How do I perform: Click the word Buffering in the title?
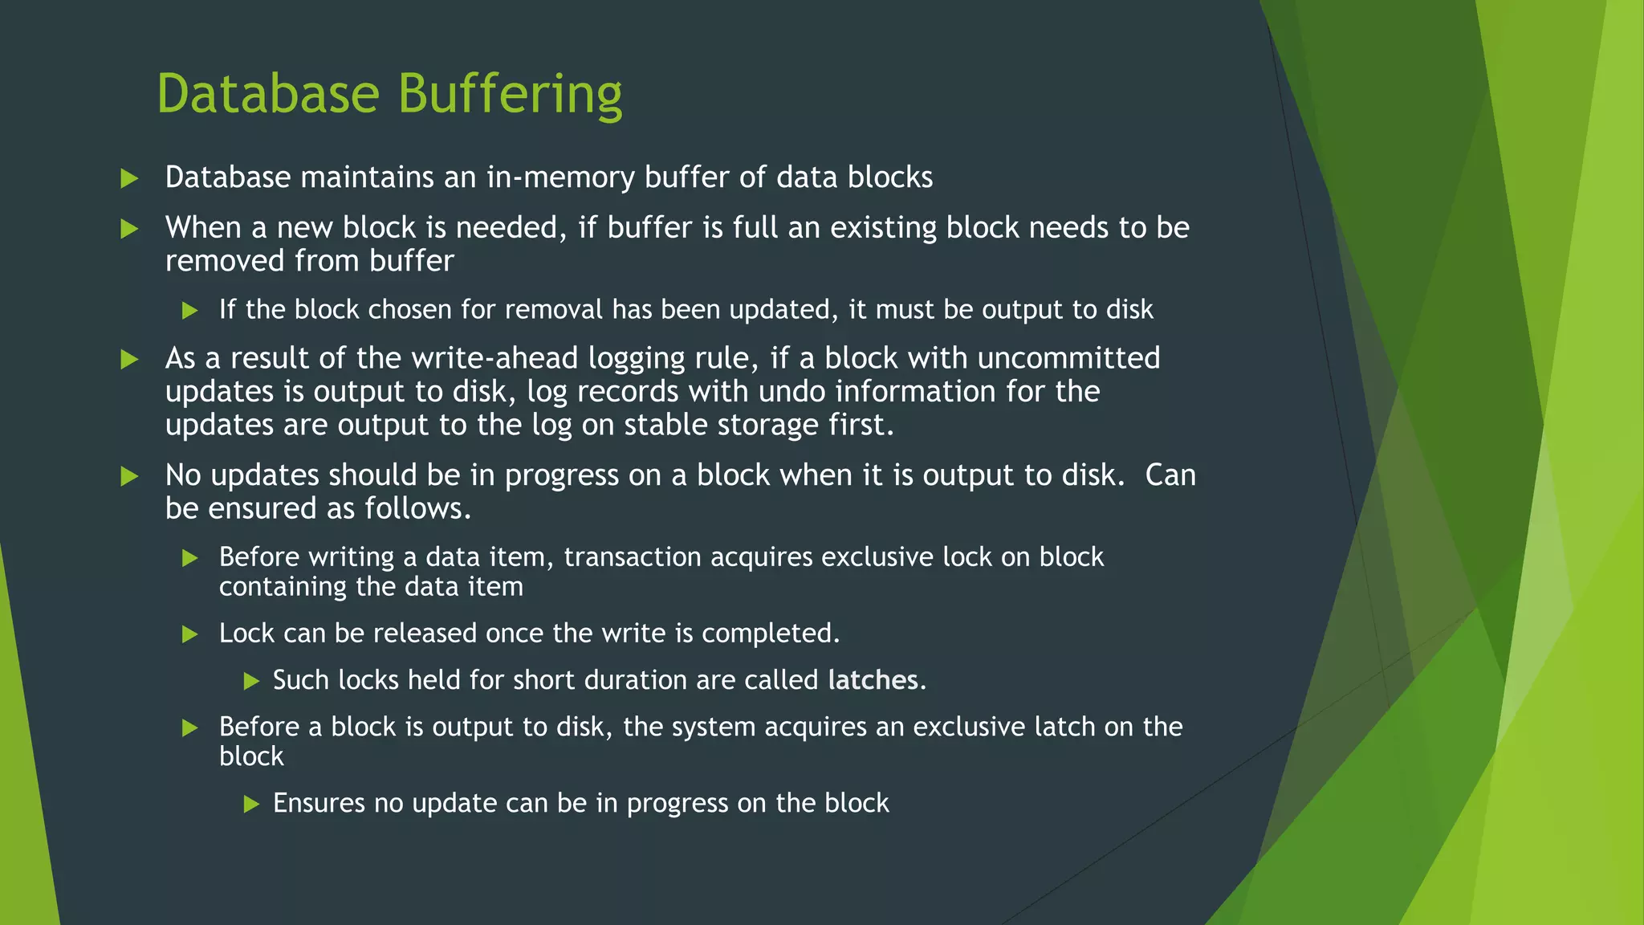point(510,95)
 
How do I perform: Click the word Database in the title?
point(267,93)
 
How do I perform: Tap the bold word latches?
point(873,680)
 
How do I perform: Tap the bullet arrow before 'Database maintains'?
point(129,178)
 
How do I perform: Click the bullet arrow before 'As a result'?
point(129,359)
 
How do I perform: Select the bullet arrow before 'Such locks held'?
point(251,682)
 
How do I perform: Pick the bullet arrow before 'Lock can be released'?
point(190,634)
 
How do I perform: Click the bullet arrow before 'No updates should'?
point(129,476)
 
